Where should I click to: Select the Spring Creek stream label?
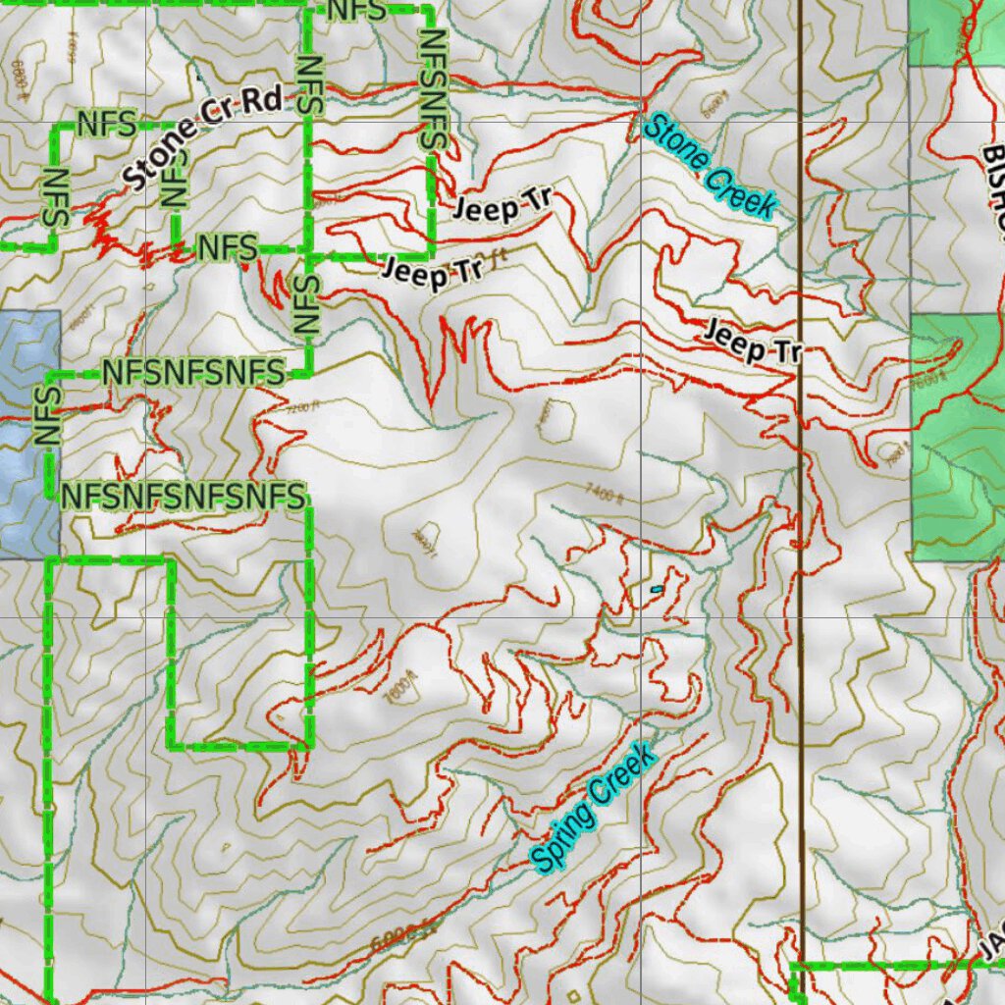click(x=592, y=809)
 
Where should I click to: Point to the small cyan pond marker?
click(x=656, y=589)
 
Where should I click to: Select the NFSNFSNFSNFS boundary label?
click(x=183, y=497)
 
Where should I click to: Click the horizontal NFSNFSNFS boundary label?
click(x=193, y=373)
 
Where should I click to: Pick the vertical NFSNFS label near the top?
click(x=433, y=89)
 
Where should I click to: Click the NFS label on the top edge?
click(x=357, y=11)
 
